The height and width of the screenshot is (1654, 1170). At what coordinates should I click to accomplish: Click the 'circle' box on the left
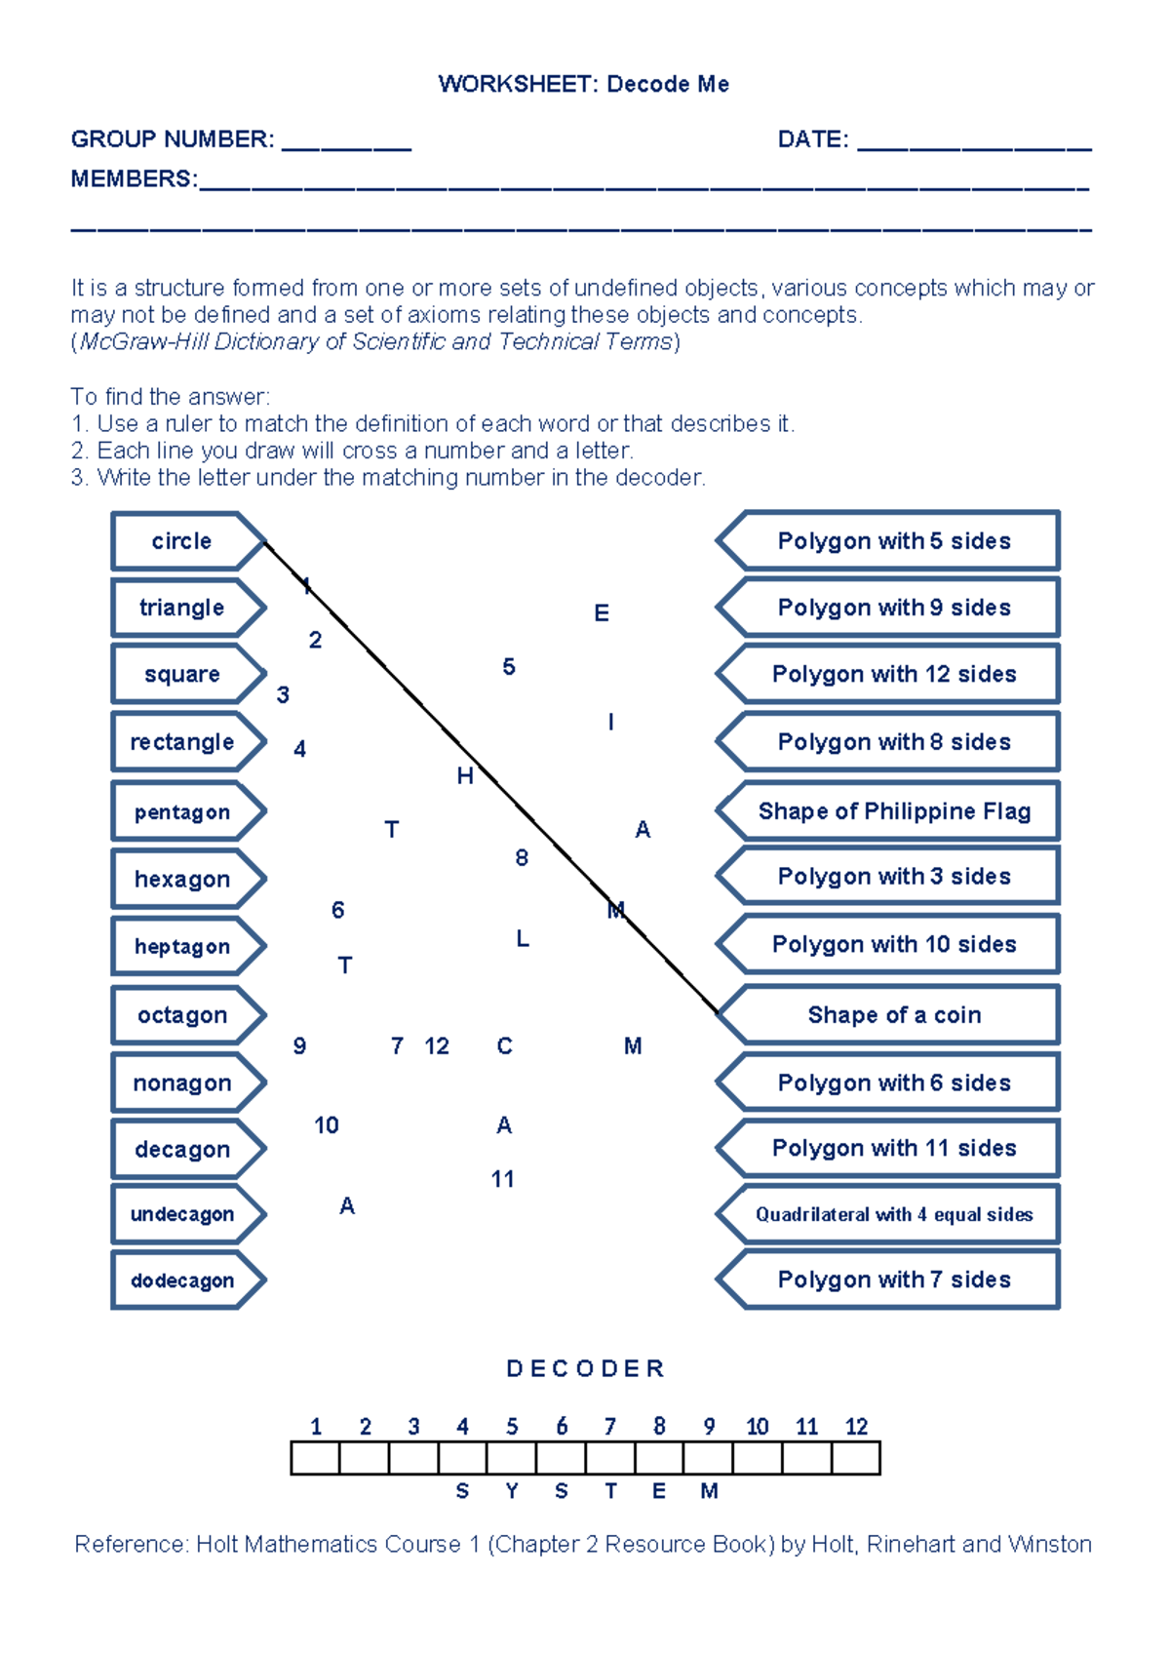coord(182,541)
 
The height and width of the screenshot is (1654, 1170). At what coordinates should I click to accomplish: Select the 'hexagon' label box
coord(182,879)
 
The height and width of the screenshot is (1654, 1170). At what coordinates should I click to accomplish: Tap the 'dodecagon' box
coord(182,1280)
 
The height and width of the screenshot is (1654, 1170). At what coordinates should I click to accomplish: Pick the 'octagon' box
coord(182,1015)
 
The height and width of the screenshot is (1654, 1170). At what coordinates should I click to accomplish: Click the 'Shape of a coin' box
coord(894,1015)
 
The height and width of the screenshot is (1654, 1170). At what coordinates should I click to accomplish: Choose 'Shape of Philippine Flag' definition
coord(894,811)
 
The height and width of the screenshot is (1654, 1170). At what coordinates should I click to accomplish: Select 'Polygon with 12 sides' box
coord(894,674)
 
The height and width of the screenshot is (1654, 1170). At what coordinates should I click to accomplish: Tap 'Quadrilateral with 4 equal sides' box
coord(894,1214)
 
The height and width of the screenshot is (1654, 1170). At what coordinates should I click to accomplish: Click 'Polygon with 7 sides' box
coord(894,1280)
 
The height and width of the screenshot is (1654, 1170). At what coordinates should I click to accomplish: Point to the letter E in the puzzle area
coord(602,613)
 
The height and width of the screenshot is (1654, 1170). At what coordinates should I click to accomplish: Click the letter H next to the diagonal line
coord(465,776)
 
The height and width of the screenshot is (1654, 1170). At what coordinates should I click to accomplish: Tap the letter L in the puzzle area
coord(523,939)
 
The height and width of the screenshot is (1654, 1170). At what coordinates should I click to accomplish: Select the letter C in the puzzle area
coord(504,1046)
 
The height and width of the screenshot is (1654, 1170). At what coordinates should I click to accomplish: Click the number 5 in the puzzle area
coord(509,667)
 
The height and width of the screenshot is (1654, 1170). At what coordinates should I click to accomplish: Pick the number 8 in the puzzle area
coord(522,858)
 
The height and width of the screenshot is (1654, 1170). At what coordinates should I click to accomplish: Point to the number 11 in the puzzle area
coord(502,1179)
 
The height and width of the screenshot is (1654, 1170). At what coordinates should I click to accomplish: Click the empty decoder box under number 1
coord(315,1458)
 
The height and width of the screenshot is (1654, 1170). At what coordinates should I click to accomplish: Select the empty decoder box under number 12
coord(856,1458)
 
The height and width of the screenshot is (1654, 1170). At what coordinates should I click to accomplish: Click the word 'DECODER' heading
coord(585,1369)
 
